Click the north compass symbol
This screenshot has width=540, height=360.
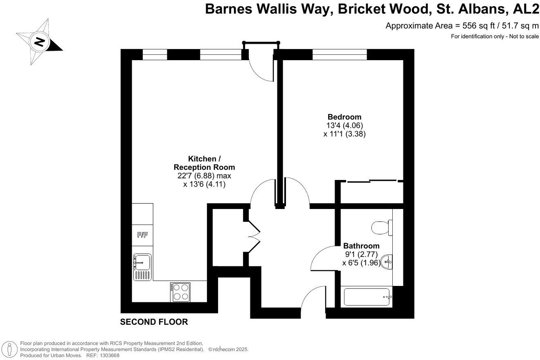(x=39, y=42)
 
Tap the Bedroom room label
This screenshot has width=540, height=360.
(x=344, y=117)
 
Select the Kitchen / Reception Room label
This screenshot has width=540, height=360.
(x=204, y=163)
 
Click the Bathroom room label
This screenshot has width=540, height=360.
(x=361, y=246)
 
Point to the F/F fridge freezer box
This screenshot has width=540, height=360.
(x=142, y=235)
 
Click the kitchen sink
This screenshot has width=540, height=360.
(x=142, y=266)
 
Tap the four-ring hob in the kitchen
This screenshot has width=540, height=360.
(x=180, y=292)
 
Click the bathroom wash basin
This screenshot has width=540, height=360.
(x=387, y=261)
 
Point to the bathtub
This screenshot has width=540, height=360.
(x=367, y=297)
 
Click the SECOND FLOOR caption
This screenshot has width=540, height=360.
(x=154, y=322)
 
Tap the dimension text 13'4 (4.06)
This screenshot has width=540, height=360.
(x=344, y=125)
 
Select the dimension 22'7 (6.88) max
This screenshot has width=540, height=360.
(x=204, y=176)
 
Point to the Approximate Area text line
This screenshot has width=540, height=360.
(x=462, y=26)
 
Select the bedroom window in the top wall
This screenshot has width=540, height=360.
(x=340, y=54)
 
